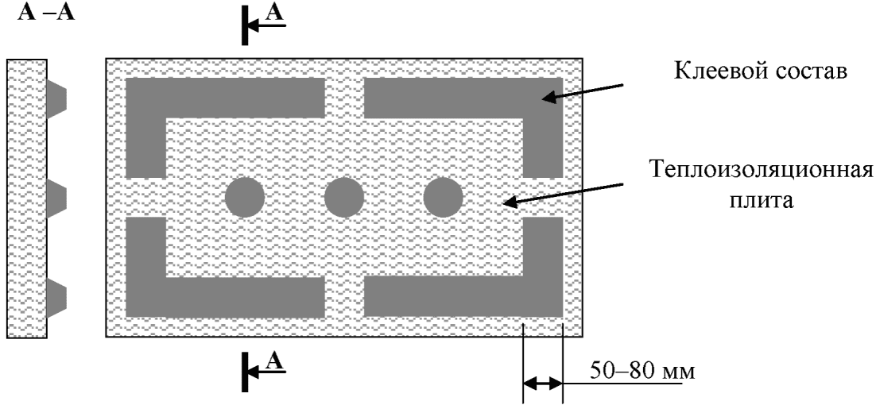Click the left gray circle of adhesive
click(245, 196)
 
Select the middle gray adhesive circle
click(344, 196)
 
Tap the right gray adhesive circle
click(444, 196)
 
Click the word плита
click(762, 201)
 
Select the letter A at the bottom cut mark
click(274, 361)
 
